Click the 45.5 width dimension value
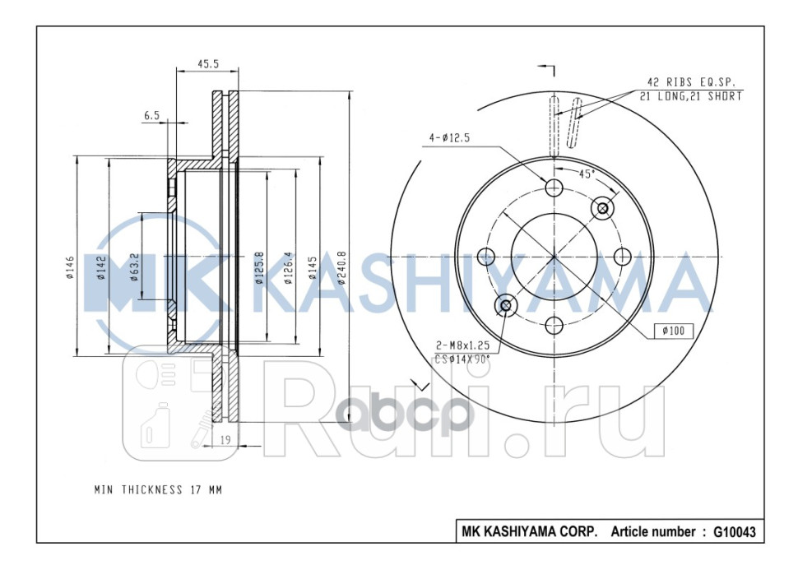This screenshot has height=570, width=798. tap(207, 64)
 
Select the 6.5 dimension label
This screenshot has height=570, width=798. tap(151, 115)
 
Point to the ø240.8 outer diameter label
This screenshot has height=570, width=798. tap(341, 267)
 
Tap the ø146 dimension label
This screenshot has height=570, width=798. tap(70, 267)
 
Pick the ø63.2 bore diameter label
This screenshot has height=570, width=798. tap(135, 267)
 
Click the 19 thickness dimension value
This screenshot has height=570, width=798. tap(226, 440)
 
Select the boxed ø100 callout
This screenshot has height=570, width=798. tap(674, 331)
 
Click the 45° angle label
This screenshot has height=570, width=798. tap(587, 174)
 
